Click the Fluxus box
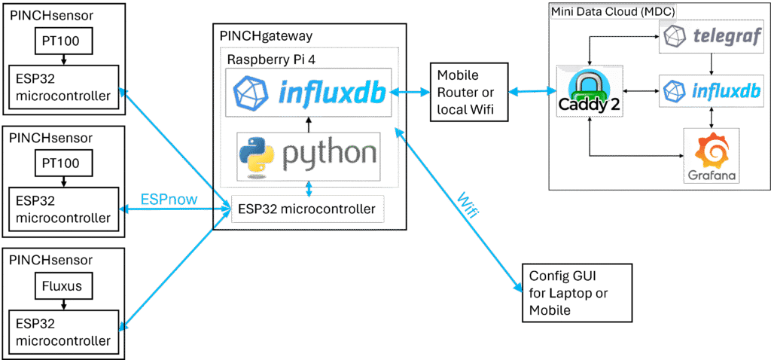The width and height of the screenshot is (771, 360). click(63, 286)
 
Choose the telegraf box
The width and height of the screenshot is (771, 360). click(699, 36)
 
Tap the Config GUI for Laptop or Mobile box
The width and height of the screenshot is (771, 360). click(576, 292)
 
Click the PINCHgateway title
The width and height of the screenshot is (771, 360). click(266, 35)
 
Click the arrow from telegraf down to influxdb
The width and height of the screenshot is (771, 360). click(699, 63)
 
